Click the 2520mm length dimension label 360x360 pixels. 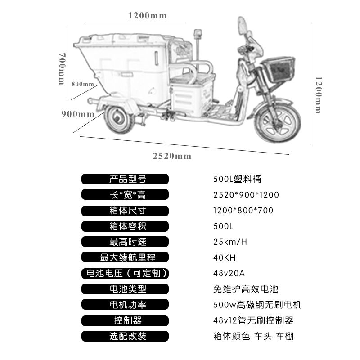(172, 156)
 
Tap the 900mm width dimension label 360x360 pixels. (78, 114)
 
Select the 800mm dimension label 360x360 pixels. (82, 84)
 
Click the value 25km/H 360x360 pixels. (230, 242)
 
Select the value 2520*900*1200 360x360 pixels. (246, 195)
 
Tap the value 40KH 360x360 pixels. (224, 258)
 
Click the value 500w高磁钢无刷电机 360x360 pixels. (257, 305)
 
